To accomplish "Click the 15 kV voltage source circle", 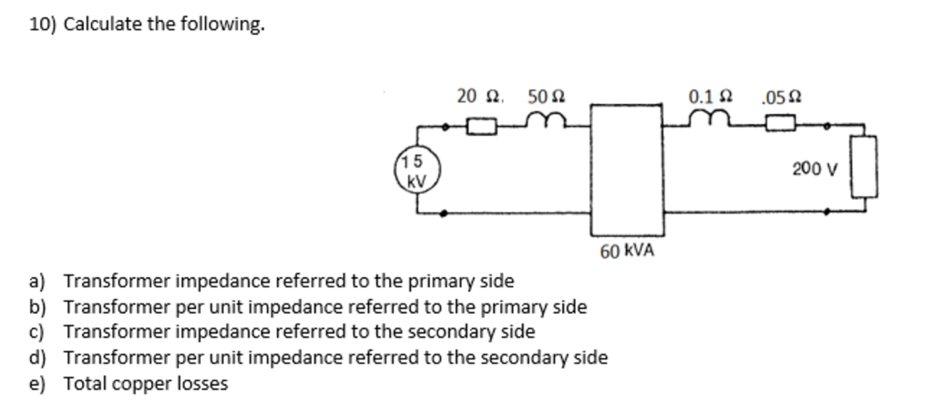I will point(417,169).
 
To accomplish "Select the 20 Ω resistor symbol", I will point(482,125).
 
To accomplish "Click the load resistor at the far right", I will point(865,166).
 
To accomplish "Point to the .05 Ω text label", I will point(784,96).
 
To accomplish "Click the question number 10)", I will point(42,25).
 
